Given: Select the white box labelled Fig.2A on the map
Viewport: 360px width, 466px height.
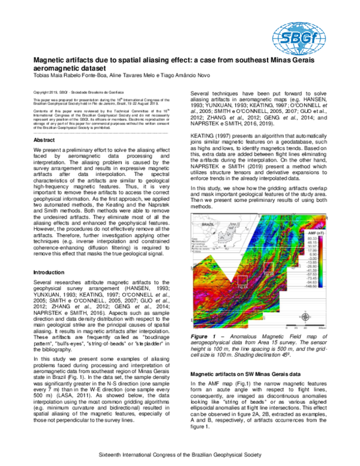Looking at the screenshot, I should [x=244, y=282].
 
